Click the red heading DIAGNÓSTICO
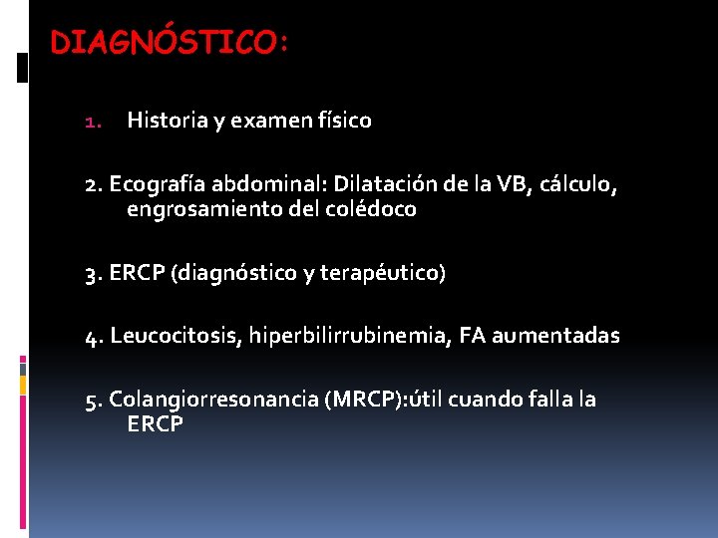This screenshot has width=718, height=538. coord(169,43)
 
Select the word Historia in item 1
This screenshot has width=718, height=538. coord(167,122)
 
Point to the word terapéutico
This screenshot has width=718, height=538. coord(384,273)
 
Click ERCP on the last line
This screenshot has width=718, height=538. coord(155,424)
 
